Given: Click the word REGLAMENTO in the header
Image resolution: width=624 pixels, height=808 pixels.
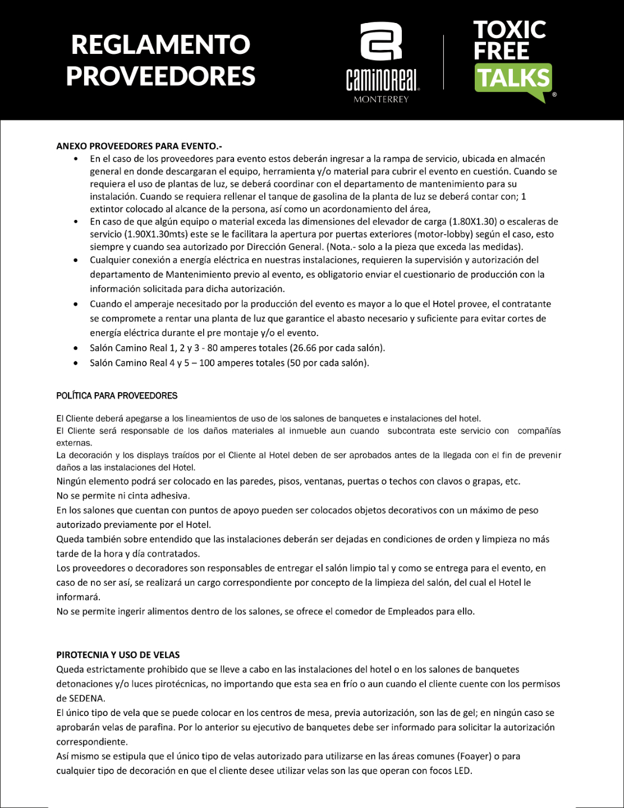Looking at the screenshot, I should click(160, 44).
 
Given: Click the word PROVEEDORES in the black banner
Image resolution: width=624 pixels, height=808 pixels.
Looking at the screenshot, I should click(160, 76).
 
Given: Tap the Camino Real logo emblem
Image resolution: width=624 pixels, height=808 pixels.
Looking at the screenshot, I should click(382, 42).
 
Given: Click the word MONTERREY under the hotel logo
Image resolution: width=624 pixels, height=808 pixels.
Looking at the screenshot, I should click(382, 99).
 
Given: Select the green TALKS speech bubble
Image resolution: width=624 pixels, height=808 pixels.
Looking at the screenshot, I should click(513, 79).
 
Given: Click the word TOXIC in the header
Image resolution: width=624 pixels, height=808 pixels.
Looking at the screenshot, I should click(510, 29).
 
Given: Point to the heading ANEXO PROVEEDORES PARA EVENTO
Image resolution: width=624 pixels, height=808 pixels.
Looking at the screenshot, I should click(139, 146).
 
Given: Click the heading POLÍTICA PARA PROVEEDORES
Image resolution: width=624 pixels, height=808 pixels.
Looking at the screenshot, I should click(117, 396).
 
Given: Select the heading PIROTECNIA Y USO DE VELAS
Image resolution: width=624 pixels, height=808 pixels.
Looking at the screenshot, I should click(118, 655).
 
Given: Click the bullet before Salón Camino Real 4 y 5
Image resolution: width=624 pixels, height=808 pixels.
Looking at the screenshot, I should click(76, 363).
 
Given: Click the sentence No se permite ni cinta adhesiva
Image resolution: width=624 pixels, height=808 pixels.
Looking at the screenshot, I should click(123, 496).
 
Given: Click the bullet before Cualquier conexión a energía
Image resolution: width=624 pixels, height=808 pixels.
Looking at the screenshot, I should click(76, 260).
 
